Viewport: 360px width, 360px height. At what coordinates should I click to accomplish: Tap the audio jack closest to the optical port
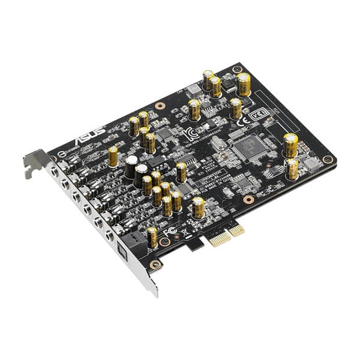point(110,236)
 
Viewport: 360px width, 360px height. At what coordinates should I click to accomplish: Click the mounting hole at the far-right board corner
point(327,159)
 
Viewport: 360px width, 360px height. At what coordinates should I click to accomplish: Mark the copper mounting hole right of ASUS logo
point(160,106)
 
